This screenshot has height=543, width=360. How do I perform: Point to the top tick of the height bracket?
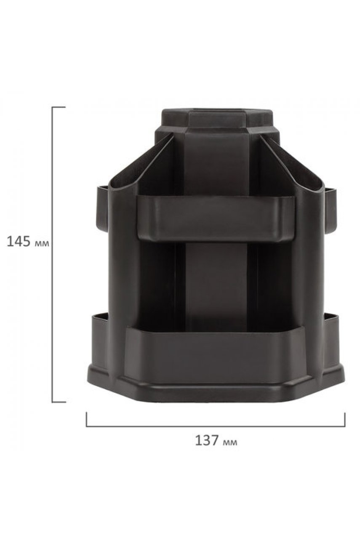[x=59, y=107]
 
